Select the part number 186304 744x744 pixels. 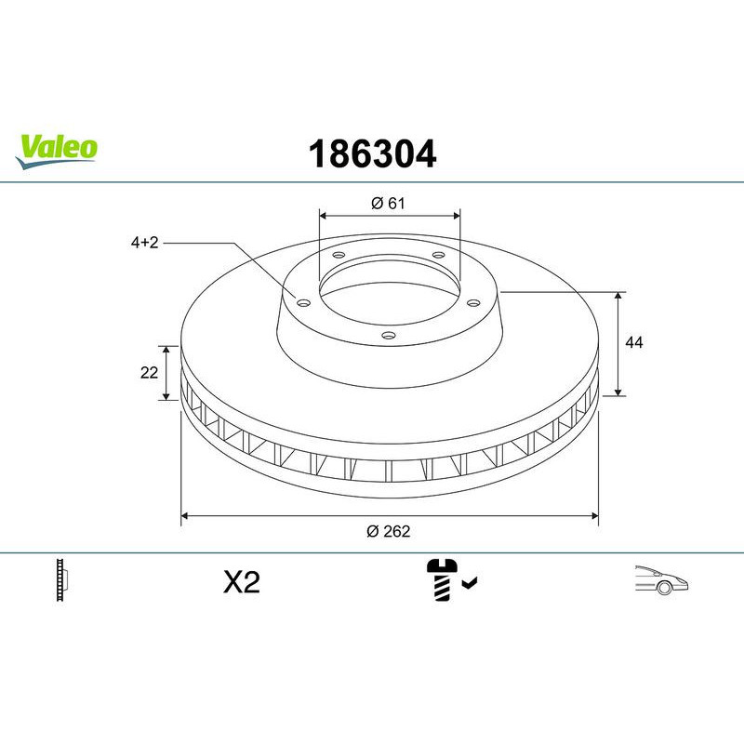tap(371, 154)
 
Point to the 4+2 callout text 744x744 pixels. tap(145, 243)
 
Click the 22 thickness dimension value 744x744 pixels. tap(148, 373)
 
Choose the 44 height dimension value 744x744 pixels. tap(634, 343)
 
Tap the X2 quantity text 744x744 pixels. tap(242, 583)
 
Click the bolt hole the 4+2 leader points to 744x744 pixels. tap(301, 300)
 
